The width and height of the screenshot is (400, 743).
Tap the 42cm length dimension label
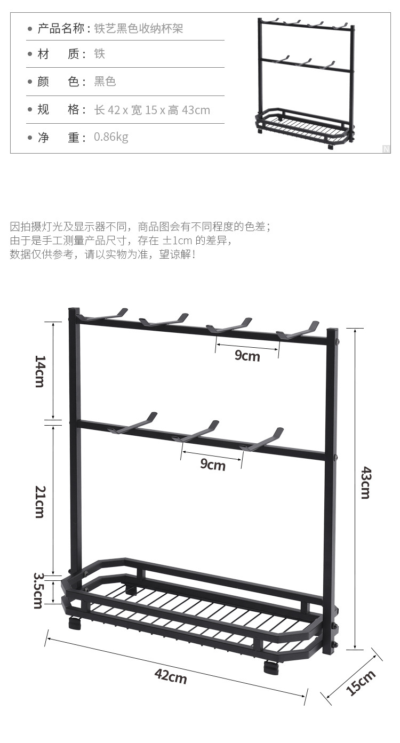(171, 676)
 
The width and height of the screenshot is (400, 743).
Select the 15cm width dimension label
(361, 683)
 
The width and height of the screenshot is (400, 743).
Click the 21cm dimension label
(39, 501)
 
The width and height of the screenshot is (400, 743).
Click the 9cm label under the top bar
(247, 355)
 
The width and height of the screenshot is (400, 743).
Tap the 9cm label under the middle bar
(213, 465)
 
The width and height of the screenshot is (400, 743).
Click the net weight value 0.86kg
(111, 137)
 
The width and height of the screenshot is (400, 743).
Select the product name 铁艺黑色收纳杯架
(139, 28)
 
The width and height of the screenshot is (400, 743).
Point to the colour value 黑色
(105, 82)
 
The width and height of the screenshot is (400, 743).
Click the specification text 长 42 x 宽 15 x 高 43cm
(152, 110)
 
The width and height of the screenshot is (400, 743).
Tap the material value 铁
(100, 54)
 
